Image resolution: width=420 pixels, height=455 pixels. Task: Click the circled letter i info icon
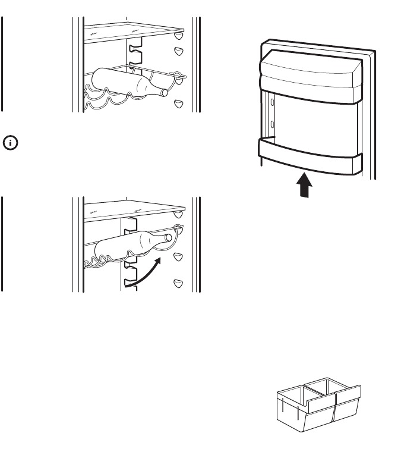(10, 142)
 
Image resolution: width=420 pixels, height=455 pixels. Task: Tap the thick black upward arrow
(304, 186)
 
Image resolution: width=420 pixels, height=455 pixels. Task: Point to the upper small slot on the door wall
(272, 102)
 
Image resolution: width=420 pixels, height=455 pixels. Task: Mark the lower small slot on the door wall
(272, 124)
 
